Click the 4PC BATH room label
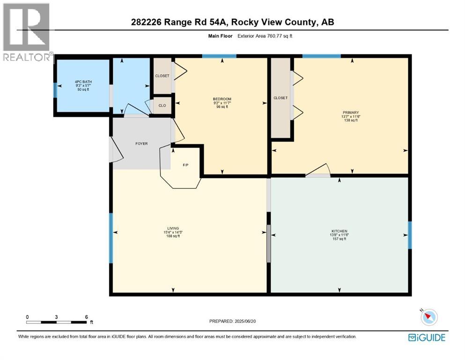[83, 82]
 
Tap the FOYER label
[141, 143]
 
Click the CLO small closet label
[162, 105]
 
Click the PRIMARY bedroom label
[350, 112]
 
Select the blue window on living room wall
[111, 238]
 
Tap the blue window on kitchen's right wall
[409, 235]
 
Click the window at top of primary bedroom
[321, 56]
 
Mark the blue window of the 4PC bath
[55, 90]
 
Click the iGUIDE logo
[426, 337]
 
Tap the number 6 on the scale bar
[87, 317]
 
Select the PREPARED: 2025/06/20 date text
[233, 321]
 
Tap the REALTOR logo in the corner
[26, 33]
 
